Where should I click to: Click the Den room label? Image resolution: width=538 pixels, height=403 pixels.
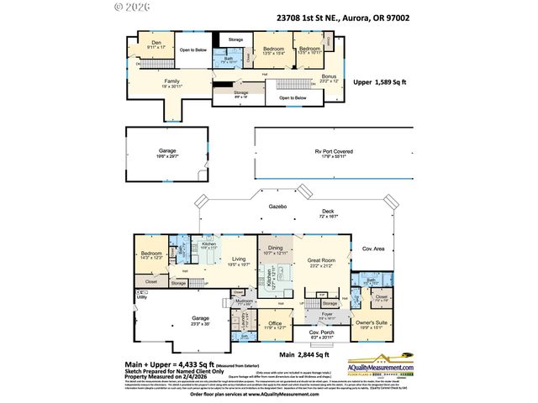pos(156,43)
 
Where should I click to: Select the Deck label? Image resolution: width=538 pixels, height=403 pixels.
pos(327,212)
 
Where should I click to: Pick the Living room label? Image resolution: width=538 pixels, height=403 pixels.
pos(240,260)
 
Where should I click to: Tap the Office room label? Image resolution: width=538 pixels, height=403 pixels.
pos(275,323)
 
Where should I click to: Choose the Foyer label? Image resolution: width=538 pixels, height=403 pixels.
pos(326,314)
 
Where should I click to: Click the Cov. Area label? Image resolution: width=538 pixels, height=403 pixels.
pos(372,249)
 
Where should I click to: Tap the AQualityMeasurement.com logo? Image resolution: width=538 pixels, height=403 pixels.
pos(383,369)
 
